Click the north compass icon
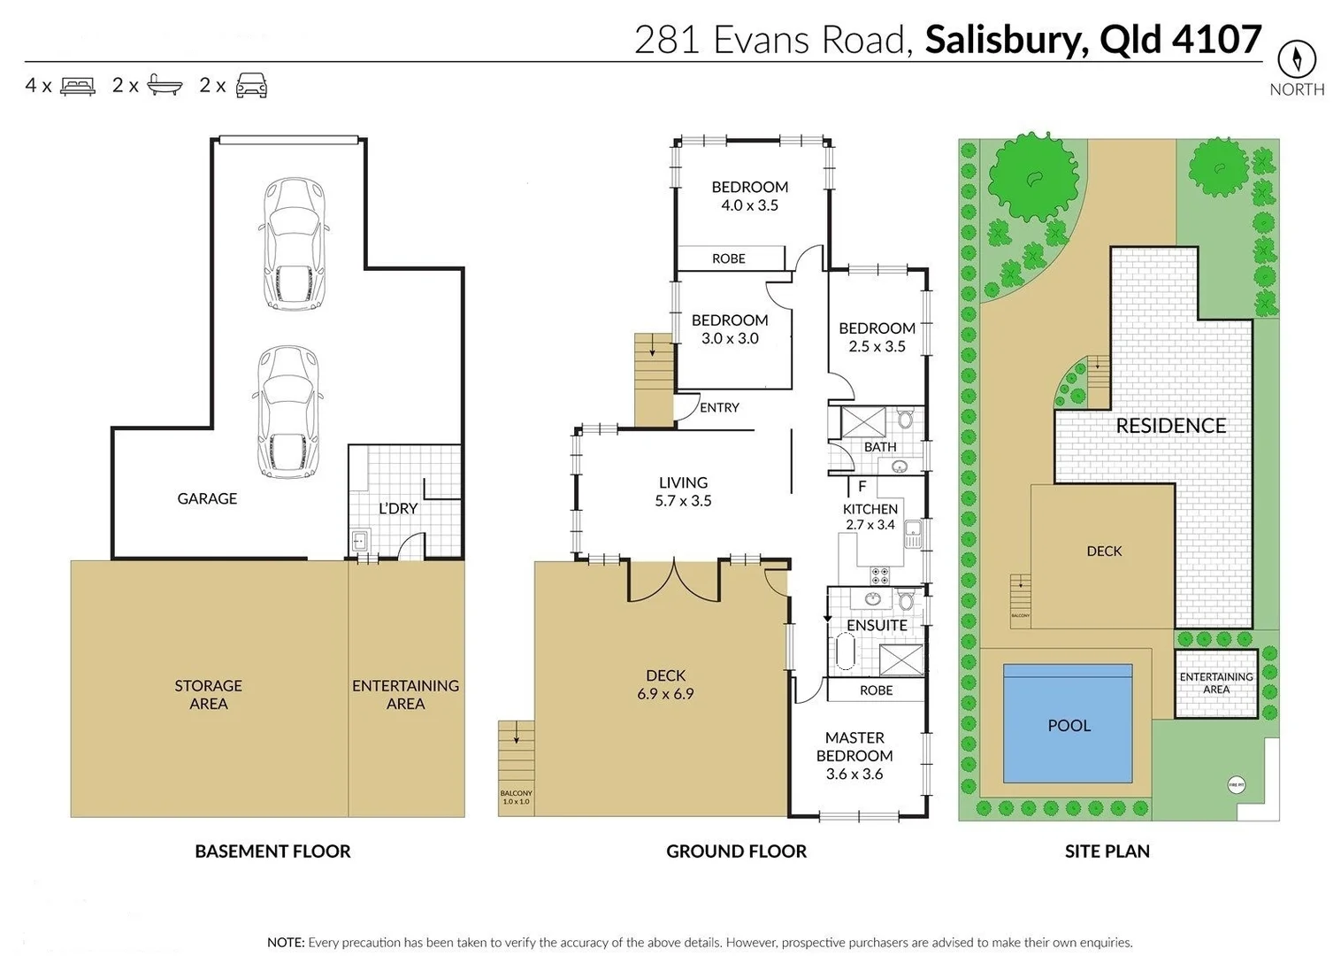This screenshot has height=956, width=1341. tap(1297, 59)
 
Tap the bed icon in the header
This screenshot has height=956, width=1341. tap(78, 86)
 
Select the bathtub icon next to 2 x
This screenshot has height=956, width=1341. tap(165, 86)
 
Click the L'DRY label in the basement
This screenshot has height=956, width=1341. tap(398, 508)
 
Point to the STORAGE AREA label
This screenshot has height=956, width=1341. tap(208, 695)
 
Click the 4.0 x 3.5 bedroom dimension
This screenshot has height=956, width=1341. tap(749, 205)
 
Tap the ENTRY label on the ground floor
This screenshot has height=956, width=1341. tap(719, 407)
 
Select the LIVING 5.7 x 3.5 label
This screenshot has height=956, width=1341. tap(683, 491)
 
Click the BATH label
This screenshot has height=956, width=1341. tap(880, 447)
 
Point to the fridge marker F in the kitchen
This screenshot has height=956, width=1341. tap(862, 486)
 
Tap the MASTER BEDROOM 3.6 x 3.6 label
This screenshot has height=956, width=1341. tap(854, 755)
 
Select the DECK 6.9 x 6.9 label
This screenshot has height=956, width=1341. tap(665, 684)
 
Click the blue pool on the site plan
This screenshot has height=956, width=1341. tap(1068, 724)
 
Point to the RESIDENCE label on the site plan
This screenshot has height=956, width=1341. tap(1170, 426)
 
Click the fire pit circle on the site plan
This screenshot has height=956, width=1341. tap(1237, 784)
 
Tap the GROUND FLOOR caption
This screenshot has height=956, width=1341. tap(736, 852)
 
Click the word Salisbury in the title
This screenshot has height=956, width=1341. tap(1005, 40)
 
